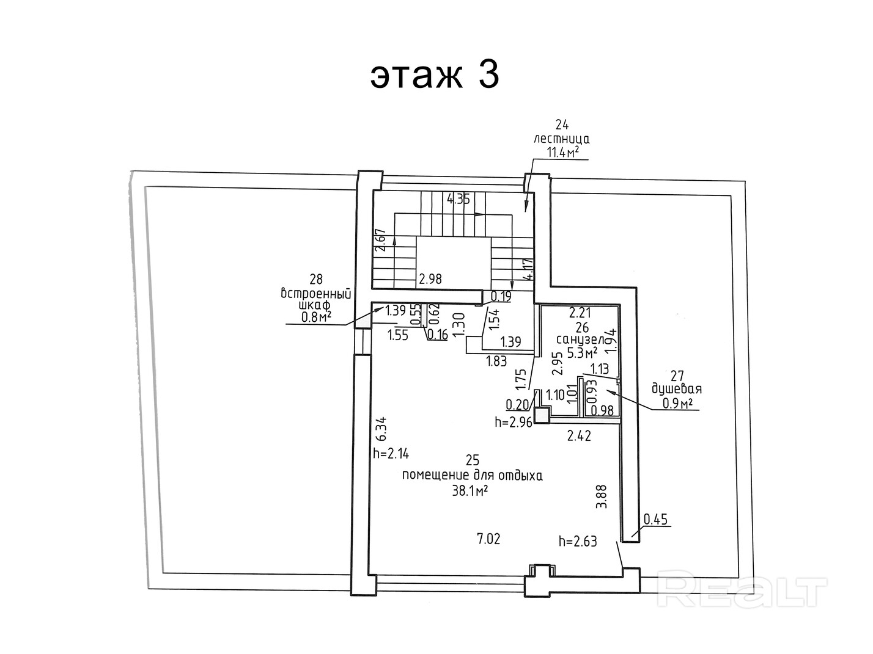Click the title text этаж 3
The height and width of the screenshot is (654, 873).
pos(434,76)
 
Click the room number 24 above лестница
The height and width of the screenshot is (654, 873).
pos(562,125)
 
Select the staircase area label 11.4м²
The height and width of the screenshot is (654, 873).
pos(562,152)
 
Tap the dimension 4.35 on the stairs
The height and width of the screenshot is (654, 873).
pos(459,199)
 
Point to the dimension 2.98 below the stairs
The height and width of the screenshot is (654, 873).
pos(430,279)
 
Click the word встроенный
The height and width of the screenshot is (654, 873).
pos(316,294)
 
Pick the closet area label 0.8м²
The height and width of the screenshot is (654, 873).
pos(316,318)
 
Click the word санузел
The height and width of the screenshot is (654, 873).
pos(580,340)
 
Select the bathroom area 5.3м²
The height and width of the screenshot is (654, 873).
pos(582,352)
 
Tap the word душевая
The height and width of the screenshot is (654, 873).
pos(677,389)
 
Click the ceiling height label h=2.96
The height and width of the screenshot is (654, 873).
pos(514,423)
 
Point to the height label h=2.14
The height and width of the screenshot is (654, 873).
pos(391,454)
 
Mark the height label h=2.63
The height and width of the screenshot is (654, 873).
pos(578,542)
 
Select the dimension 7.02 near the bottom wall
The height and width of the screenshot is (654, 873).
pos(488,539)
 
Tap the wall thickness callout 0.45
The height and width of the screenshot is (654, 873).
pos(655,520)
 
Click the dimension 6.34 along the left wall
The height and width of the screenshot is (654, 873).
pos(381,429)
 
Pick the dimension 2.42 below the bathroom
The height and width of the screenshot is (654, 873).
pos(579,436)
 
